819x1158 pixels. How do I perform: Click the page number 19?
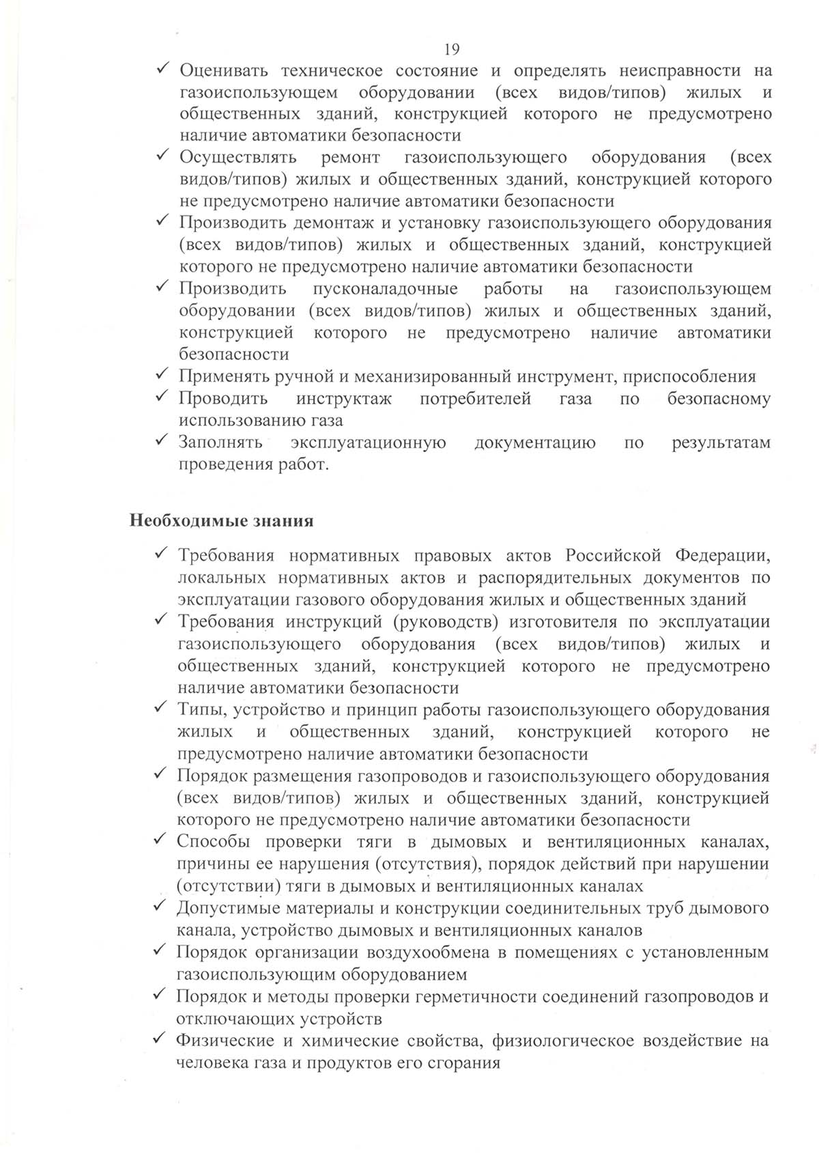coord(451,49)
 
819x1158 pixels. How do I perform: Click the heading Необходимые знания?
coord(222,521)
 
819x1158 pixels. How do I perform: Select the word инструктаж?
coord(344,399)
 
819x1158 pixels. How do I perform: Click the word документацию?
coord(535,442)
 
